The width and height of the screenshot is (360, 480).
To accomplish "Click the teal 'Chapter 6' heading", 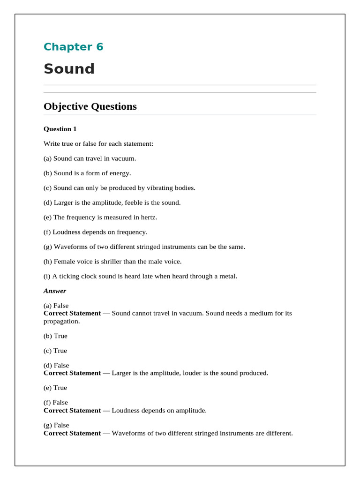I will click(x=73, y=47).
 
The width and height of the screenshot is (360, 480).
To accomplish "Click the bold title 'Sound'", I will click(x=69, y=69).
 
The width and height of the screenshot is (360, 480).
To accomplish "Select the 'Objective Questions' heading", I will click(x=90, y=106).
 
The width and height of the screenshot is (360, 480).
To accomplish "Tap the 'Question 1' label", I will click(x=60, y=129).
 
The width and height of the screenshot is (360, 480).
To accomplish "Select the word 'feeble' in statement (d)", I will click(x=132, y=202).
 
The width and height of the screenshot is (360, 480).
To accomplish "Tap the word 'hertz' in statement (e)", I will click(x=149, y=217).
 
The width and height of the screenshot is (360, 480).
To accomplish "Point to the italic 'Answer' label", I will click(x=55, y=291).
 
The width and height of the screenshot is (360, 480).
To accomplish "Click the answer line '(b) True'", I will click(x=55, y=336).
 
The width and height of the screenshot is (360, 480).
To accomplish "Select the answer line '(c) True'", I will click(x=55, y=351).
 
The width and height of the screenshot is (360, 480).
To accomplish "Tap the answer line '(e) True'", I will click(x=55, y=388).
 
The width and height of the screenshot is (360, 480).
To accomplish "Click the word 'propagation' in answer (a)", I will click(x=61, y=322).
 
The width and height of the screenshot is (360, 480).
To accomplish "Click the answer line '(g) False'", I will click(x=56, y=425).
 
